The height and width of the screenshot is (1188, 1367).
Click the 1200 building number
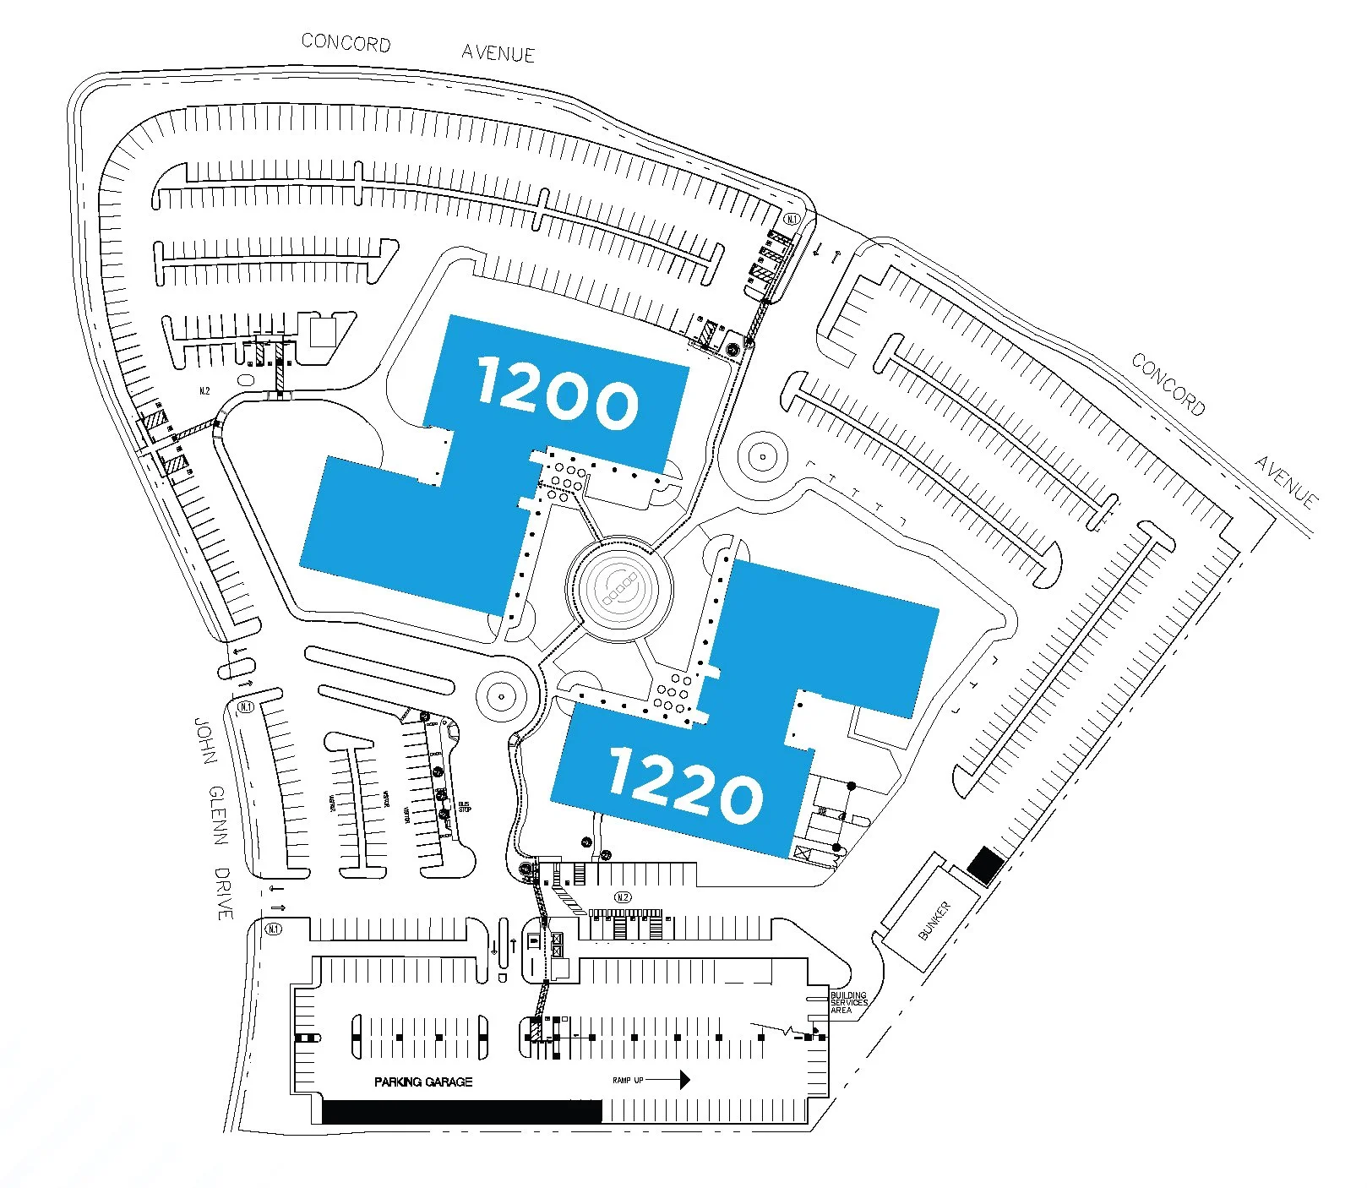(558, 392)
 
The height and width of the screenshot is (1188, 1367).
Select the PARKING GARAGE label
(423, 1082)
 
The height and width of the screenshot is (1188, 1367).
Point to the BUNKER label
(934, 919)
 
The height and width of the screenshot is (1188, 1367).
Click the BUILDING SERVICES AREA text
(848, 1002)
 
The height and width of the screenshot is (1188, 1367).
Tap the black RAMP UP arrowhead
(683, 1079)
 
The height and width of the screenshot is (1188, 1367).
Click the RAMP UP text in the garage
(628, 1080)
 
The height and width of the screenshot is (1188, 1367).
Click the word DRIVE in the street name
(224, 893)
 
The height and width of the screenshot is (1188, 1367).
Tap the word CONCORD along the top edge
(346, 42)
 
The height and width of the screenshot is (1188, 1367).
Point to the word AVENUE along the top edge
(498, 53)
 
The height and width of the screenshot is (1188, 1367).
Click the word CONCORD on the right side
(1168, 384)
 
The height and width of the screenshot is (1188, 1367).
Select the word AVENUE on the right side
(1286, 482)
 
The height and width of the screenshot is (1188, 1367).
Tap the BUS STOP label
(465, 807)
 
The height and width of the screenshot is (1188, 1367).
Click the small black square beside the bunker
(985, 865)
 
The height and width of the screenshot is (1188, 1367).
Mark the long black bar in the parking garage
(462, 1111)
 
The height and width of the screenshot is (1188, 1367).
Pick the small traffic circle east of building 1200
(763, 456)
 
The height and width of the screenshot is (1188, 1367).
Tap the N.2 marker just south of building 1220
(623, 897)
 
